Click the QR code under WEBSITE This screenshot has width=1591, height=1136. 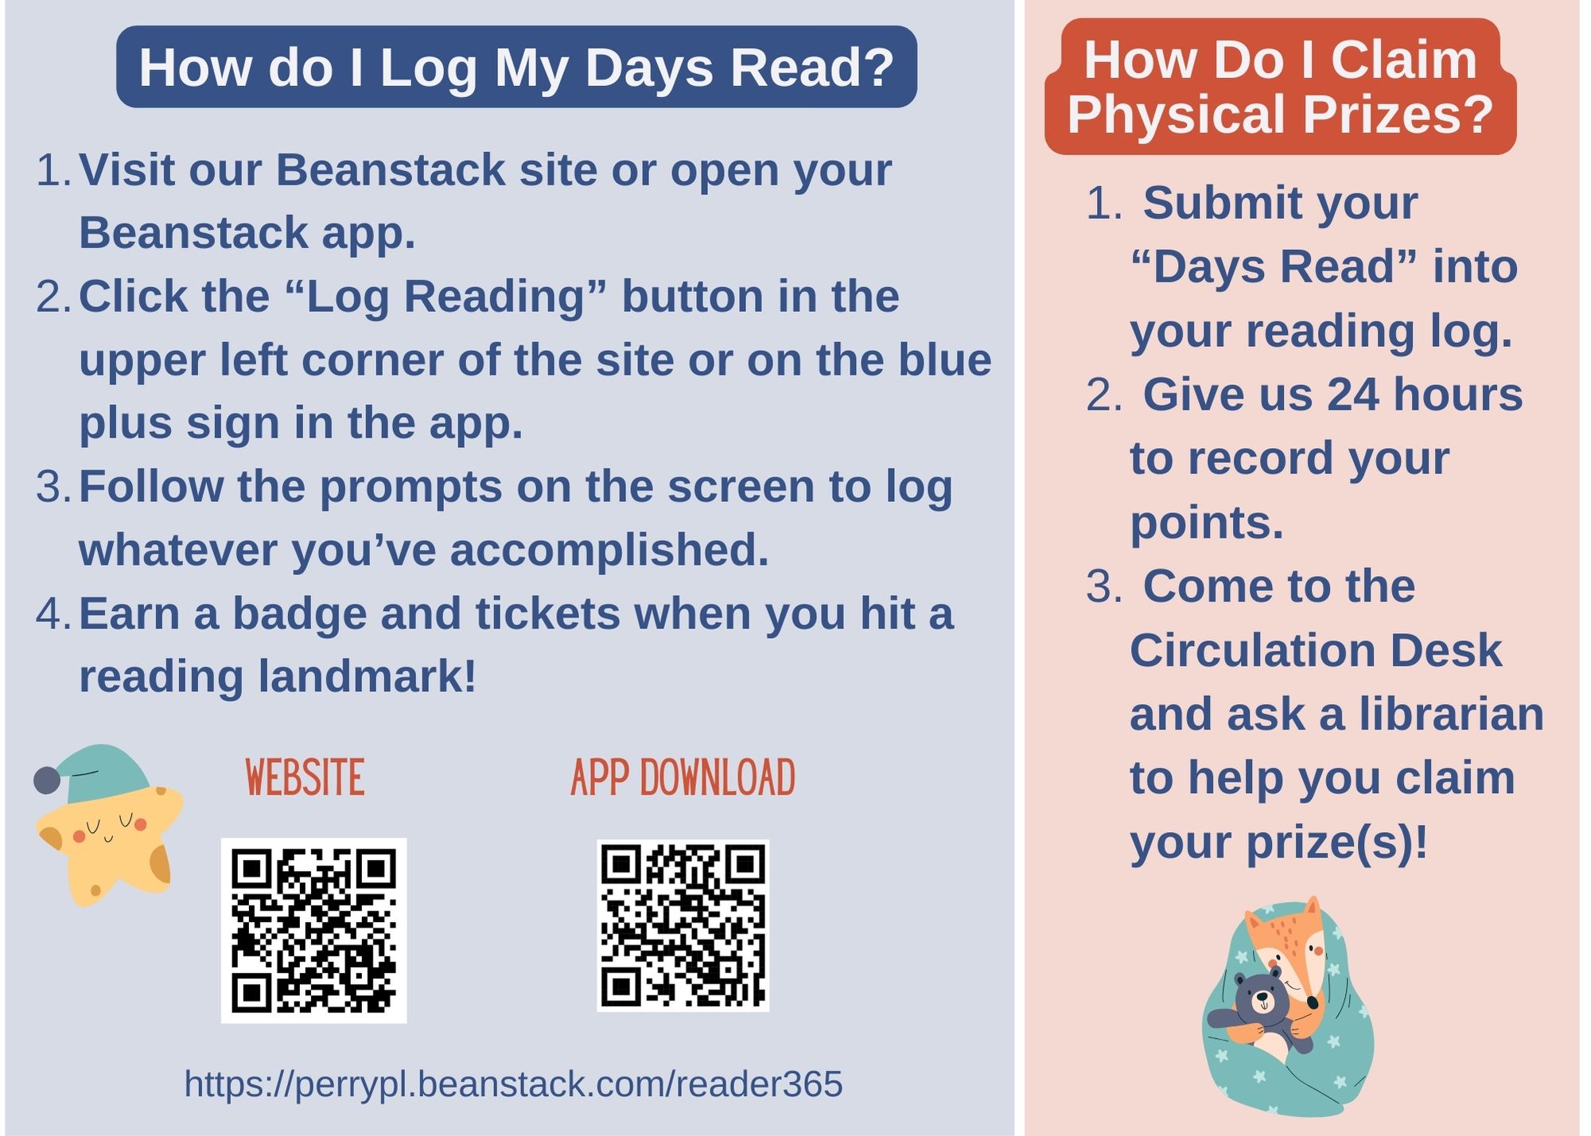[x=313, y=930]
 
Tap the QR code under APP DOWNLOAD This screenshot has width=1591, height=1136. [x=683, y=926]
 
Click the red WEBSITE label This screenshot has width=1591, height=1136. [x=305, y=777]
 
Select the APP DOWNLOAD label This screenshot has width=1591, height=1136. [x=683, y=777]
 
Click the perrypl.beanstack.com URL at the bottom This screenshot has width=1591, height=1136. [x=513, y=1083]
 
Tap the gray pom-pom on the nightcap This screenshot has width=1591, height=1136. [x=47, y=780]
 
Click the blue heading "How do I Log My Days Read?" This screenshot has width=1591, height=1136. [x=516, y=67]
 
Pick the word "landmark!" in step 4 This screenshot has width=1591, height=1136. [x=367, y=676]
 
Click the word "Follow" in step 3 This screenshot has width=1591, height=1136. [x=151, y=486]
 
